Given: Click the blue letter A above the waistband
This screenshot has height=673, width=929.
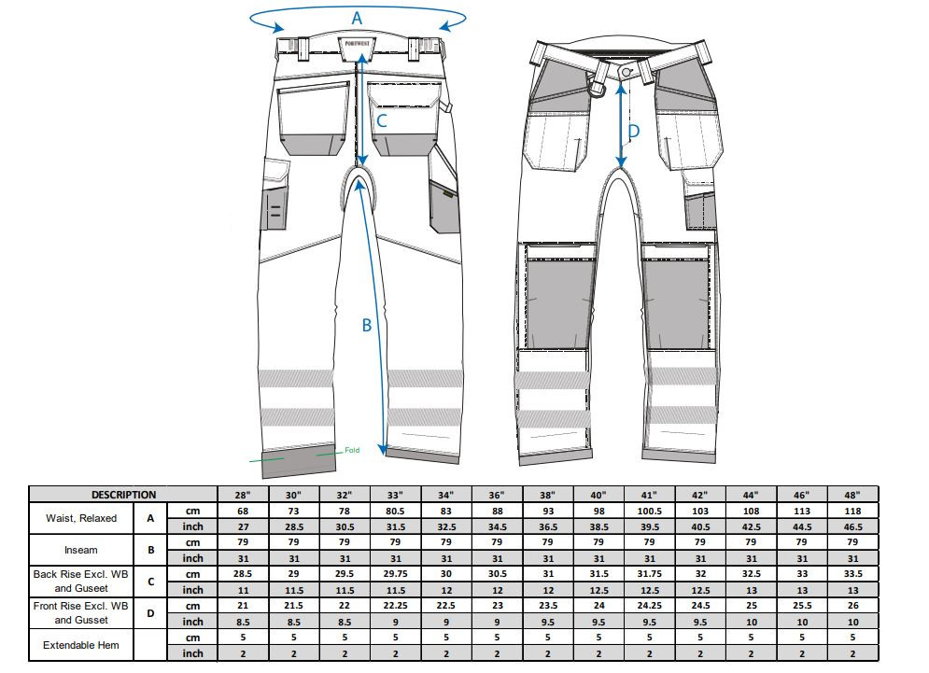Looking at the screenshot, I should point(357,17).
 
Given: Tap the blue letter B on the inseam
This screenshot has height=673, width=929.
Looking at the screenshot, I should point(367,325).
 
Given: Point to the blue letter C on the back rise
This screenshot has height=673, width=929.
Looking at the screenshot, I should point(382,120).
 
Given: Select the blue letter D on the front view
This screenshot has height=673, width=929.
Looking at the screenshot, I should point(634,133).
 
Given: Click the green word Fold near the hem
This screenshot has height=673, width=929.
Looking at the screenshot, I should point(352,450).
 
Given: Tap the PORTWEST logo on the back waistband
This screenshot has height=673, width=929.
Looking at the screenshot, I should point(358,44).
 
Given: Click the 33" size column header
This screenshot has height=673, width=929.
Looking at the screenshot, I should point(395,495).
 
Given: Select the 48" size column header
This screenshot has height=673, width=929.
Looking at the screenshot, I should point(852,495).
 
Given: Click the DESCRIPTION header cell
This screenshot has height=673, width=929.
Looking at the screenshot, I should point(123,495).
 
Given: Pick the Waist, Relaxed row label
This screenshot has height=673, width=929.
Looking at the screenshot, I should point(82,518).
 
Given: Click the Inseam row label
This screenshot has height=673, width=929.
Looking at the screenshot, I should point(82,550).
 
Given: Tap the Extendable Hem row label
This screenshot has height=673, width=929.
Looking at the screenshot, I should point(82,645).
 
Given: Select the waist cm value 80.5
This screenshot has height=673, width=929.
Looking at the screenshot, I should point(395,511).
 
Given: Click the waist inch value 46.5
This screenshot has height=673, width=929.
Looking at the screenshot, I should point(852,526).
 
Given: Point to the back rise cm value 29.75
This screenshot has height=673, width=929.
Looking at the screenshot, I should point(395,574).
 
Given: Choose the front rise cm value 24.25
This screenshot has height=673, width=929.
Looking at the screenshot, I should point(649,606).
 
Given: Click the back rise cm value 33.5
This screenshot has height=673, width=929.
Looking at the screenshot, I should point(852,574).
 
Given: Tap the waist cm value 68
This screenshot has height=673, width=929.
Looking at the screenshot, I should point(243,511).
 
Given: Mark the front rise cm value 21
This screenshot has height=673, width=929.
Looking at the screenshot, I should point(243,606).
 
